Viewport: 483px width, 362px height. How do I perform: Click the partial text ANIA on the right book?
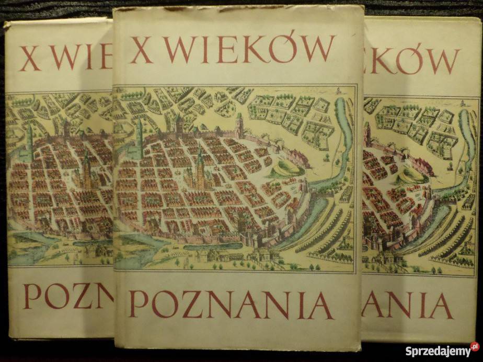coord(406,305)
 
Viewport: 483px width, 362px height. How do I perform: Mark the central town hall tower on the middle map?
coord(200,167)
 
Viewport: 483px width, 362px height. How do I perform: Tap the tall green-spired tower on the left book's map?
coord(30,141)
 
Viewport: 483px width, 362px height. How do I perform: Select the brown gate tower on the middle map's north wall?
coord(238,125)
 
